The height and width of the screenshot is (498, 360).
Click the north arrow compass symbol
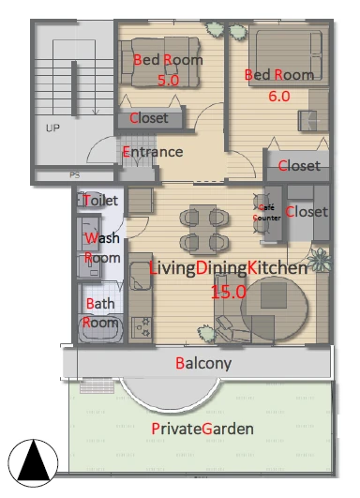tap(33, 463)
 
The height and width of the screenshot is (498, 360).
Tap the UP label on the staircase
tap(52, 128)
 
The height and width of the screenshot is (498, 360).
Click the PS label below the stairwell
tap(75, 175)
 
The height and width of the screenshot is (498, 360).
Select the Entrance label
tap(153, 152)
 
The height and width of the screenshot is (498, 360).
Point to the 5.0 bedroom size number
tap(169, 81)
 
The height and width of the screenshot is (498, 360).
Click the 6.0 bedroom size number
tap(279, 97)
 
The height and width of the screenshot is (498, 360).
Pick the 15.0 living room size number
tap(229, 292)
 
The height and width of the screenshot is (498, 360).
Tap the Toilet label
tap(100, 201)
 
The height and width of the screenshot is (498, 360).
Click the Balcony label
tap(203, 364)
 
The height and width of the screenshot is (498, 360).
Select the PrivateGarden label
tap(202, 429)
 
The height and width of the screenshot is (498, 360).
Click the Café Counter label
tap(267, 213)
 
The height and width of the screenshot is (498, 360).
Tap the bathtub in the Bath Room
tap(100, 329)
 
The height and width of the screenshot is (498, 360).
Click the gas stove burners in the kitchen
tap(142, 327)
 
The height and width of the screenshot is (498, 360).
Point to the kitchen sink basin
tap(141, 276)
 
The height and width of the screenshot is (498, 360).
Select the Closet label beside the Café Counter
tap(307, 212)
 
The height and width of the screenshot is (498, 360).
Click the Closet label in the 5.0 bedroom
tap(149, 118)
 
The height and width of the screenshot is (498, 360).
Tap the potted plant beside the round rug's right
tap(320, 260)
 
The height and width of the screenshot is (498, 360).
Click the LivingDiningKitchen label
tap(228, 268)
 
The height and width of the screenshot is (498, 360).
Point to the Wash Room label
tap(102, 248)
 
